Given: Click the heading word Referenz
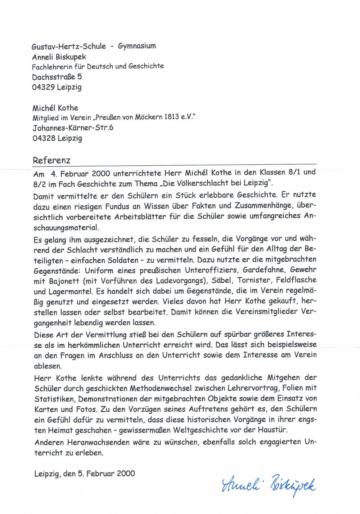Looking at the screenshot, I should [x=51, y=160].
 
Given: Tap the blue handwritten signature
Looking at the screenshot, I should [x=269, y=485].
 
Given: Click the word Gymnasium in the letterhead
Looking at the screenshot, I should [x=137, y=46].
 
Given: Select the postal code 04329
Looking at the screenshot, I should [x=43, y=87].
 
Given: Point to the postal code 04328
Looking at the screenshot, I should [x=44, y=138].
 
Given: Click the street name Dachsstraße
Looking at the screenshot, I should [x=54, y=77].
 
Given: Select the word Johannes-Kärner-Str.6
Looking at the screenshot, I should [x=73, y=128].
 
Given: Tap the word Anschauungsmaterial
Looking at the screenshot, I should [x=66, y=228].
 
